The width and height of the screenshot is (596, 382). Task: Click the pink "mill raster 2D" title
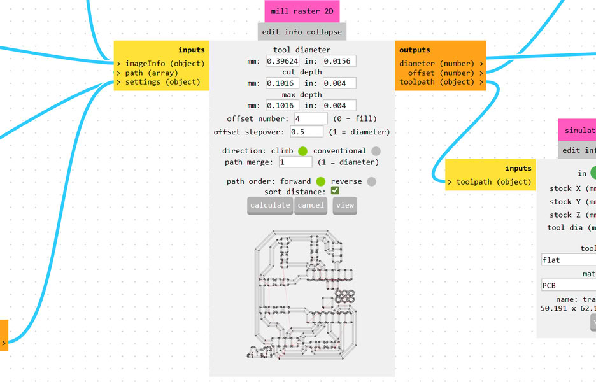tap(302, 11)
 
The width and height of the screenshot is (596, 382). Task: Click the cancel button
tap(311, 205)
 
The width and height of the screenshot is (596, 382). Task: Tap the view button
tap(344, 205)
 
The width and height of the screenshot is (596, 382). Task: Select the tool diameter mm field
tap(282, 61)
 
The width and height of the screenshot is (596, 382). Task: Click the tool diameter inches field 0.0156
tap(339, 61)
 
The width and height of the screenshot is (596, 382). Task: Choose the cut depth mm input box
tap(282, 83)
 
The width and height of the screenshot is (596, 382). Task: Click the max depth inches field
tap(339, 106)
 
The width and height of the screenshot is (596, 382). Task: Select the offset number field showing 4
tap(311, 119)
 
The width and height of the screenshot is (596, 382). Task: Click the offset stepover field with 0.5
tap(306, 132)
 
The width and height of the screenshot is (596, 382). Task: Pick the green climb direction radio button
tap(302, 151)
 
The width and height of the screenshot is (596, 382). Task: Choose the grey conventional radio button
tap(376, 151)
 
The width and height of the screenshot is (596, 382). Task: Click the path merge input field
tap(295, 162)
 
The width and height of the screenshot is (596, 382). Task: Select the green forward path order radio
tap(321, 181)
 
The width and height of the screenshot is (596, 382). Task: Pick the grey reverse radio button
tap(372, 181)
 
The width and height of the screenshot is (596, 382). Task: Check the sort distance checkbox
tap(335, 191)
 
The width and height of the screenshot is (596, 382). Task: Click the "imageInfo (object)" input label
tap(164, 64)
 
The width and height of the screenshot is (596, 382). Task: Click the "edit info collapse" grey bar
tap(302, 31)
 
